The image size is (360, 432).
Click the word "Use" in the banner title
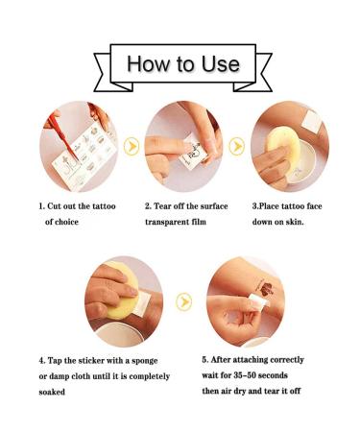point(221,63)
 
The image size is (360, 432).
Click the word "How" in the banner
point(148,63)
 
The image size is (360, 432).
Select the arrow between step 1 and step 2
point(132,147)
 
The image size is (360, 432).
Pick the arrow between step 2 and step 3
point(237,146)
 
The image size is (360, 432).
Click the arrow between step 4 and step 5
point(183,301)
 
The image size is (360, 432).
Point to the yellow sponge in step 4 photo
point(122,291)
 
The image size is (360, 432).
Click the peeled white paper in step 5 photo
point(258,302)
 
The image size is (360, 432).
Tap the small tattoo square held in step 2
point(192,153)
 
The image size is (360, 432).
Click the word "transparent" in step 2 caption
point(163,222)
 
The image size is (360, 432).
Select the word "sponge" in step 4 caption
point(145,361)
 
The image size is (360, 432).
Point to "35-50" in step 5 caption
point(245,375)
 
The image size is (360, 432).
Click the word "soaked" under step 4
point(52,392)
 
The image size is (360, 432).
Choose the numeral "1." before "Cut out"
point(41,206)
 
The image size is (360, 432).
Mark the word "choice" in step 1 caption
point(66,222)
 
